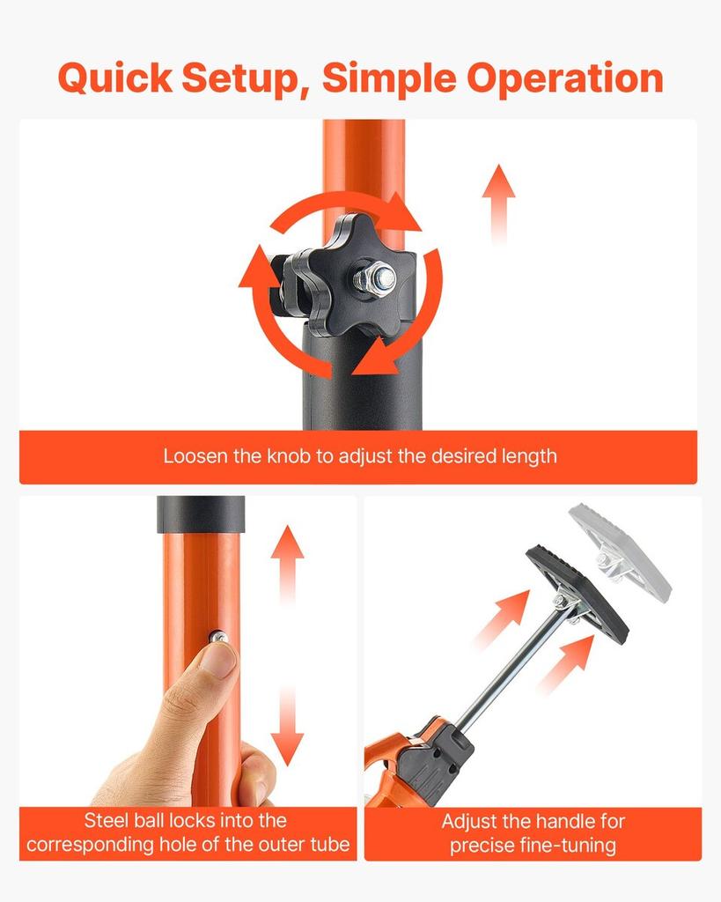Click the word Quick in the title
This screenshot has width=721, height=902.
[115, 78]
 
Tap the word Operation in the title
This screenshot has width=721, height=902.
[565, 78]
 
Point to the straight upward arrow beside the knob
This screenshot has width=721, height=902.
[498, 204]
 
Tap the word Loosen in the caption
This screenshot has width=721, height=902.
[195, 456]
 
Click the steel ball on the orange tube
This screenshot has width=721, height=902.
[217, 637]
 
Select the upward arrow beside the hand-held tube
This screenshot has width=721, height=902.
[288, 565]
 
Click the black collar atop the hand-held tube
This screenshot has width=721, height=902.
[201, 514]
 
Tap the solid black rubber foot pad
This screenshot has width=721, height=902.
[578, 594]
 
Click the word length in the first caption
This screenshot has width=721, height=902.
[529, 456]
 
